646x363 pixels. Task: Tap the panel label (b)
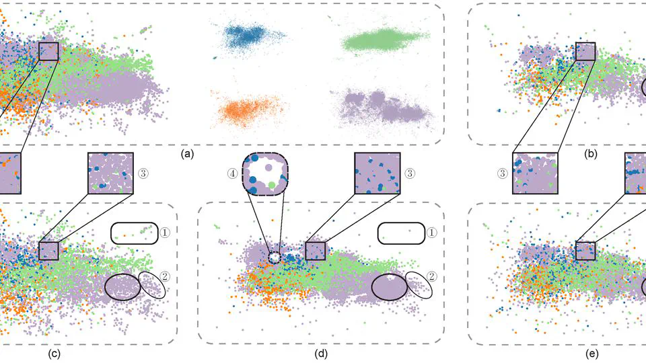[x=591, y=154]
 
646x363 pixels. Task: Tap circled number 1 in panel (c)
[x=166, y=233]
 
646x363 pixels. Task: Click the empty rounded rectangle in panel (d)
[x=401, y=233]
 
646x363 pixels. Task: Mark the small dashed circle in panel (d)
[x=274, y=257]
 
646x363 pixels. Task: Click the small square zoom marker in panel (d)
[x=315, y=251]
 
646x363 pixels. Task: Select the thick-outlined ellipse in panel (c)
[x=122, y=286]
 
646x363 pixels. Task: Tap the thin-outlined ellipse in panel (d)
[x=419, y=285]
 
